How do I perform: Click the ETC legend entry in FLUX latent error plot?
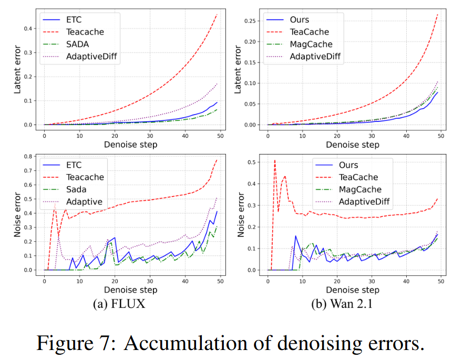click(x=74, y=19)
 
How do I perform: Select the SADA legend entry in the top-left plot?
click(x=78, y=44)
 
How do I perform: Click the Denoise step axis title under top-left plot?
click(x=130, y=144)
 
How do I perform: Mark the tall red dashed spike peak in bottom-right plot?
click(x=274, y=160)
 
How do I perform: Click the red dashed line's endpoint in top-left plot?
click(x=217, y=14)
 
